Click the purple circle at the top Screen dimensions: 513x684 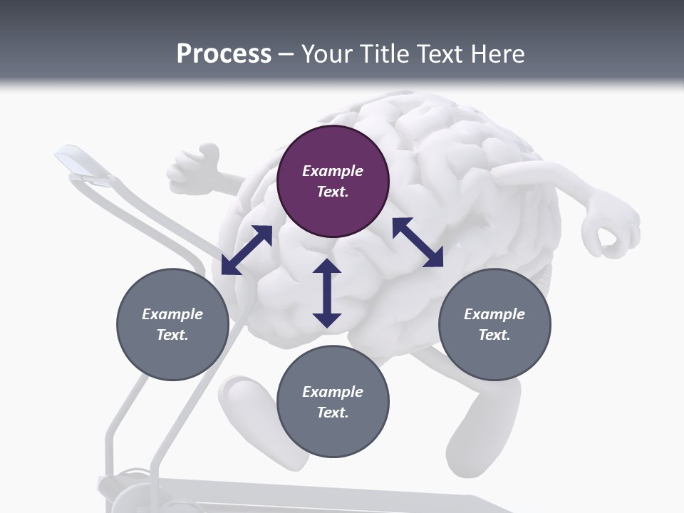tap(333, 182)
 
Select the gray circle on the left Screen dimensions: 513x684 tap(172, 324)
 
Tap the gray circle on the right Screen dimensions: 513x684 tap(494, 324)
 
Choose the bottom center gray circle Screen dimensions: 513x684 tap(333, 402)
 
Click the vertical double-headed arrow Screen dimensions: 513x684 tap(327, 293)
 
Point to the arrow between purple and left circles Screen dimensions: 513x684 tap(247, 250)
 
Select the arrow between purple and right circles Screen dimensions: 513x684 tap(418, 242)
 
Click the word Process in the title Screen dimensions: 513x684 tap(224, 53)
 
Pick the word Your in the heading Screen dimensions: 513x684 tap(327, 53)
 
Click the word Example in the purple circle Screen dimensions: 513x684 tap(333, 171)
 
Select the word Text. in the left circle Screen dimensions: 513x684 tap(172, 335)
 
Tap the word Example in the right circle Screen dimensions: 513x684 tap(494, 314)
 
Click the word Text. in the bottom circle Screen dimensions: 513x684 tap(333, 413)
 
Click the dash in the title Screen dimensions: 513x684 tap(286, 54)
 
